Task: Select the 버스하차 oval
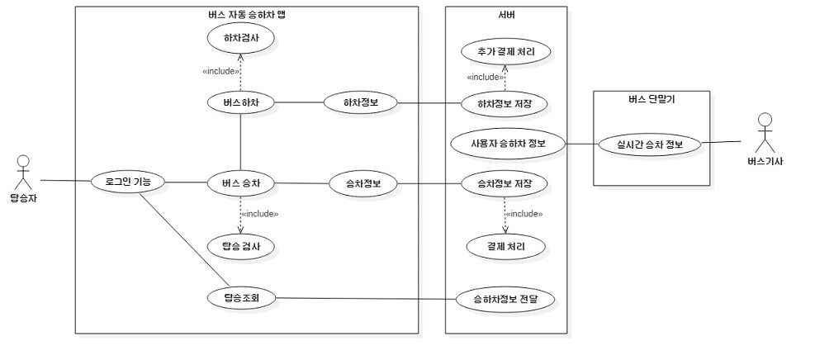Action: pos(240,102)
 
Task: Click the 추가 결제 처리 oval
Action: pos(505,50)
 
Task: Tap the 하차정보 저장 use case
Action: pos(505,103)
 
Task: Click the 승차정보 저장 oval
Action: pos(505,182)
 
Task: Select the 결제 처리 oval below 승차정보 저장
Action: pos(505,246)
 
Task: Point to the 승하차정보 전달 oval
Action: pos(505,298)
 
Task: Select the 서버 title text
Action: pos(505,14)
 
